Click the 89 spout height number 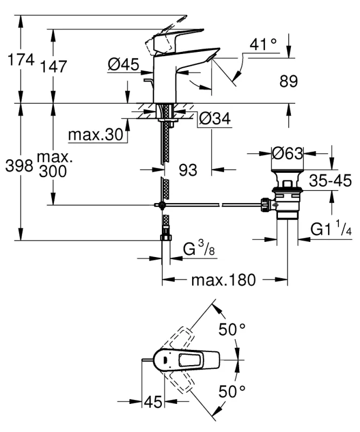click(289, 82)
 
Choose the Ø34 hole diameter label click(214, 119)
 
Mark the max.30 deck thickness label click(96, 134)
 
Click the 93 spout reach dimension click(188, 170)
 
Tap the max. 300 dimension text click(54, 165)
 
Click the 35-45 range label click(330, 180)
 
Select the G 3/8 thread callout click(197, 250)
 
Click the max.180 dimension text click(224, 280)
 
